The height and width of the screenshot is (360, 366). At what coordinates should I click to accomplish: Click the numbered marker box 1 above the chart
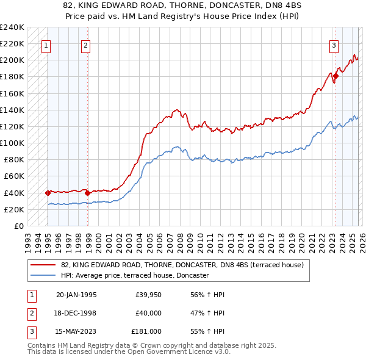[47, 45]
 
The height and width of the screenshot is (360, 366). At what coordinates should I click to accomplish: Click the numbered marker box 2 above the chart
[85, 45]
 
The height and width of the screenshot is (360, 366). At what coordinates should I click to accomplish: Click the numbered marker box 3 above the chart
[334, 45]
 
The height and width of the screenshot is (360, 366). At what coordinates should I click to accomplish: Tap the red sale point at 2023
[335, 76]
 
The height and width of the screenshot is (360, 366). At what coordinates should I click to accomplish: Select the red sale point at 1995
[48, 193]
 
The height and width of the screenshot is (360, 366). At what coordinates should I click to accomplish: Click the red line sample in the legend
[43, 265]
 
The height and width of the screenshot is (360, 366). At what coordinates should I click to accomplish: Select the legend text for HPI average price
[135, 276]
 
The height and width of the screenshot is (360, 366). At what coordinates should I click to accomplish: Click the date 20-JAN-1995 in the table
[76, 295]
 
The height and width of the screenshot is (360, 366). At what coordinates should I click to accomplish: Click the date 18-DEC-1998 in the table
[76, 313]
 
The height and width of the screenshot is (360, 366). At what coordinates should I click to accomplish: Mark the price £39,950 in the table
[149, 295]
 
